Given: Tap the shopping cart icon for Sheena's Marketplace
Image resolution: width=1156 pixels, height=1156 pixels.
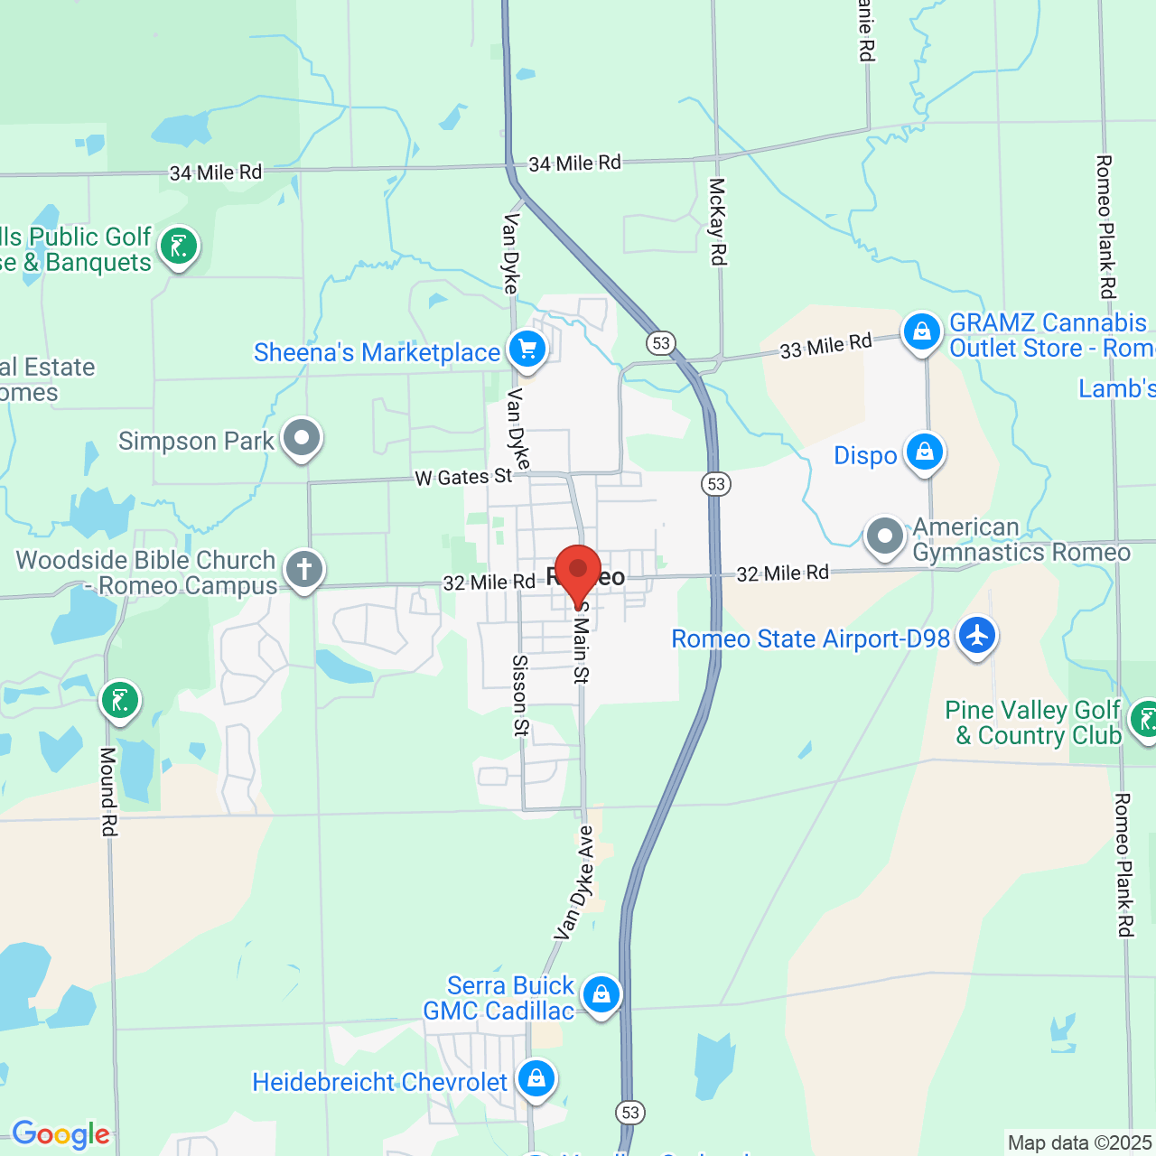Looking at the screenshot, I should [527, 349].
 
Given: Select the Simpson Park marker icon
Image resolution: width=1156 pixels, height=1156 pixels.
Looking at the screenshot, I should [302, 438].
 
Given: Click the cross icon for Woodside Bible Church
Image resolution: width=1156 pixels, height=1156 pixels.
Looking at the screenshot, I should [304, 570].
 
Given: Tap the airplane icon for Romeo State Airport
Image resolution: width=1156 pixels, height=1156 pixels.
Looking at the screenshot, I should [976, 635].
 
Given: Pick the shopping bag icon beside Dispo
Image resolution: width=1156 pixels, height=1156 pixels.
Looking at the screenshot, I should [925, 452].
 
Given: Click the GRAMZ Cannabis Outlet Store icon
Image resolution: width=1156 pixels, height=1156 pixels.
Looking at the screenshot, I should [921, 331].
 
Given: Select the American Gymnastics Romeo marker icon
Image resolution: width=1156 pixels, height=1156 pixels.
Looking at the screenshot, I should [884, 536].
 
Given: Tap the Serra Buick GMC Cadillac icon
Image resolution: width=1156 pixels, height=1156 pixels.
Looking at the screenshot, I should [601, 994].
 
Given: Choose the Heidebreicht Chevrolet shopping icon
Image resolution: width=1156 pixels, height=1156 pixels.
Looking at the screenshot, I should [536, 1078].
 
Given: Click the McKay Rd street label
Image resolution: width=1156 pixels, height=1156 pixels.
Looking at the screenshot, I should [717, 221].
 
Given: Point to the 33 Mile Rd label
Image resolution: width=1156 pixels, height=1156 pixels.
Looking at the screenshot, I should [825, 346].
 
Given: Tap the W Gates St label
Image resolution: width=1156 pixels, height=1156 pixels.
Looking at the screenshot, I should [463, 477].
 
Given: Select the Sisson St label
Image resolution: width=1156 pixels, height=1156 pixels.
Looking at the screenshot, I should [520, 695].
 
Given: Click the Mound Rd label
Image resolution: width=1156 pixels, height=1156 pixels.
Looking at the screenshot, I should [108, 791].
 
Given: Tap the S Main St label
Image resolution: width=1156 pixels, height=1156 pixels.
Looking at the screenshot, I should [581, 643].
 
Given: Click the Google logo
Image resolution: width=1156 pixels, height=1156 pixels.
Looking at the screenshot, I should [61, 1134].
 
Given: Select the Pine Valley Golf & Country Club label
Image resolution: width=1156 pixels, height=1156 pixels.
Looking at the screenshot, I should [1033, 722].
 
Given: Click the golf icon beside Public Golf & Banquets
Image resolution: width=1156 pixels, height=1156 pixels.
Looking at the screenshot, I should [179, 246].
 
